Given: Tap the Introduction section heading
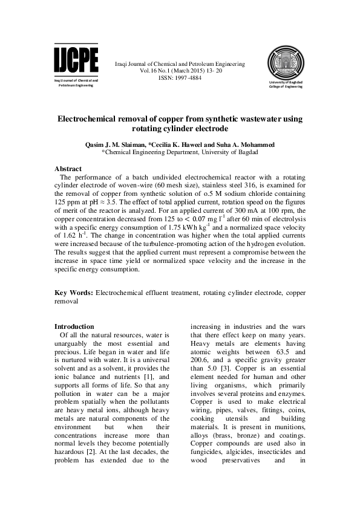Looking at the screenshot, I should [74, 326].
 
